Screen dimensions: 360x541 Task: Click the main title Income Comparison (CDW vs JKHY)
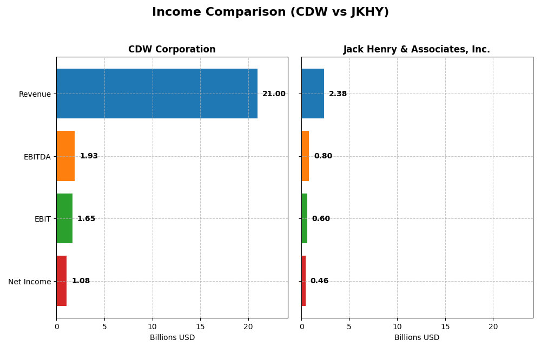pos(270,12)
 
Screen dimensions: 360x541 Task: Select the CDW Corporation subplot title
pos(171,49)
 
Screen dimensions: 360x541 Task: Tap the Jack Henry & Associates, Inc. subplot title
pos(417,49)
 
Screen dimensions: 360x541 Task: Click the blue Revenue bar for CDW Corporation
pos(157,94)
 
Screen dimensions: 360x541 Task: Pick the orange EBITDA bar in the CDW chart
pos(65,156)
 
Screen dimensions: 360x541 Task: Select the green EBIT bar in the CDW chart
pos(64,218)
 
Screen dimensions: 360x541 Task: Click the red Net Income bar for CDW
pos(62,281)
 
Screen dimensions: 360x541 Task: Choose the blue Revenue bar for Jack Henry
pos(313,94)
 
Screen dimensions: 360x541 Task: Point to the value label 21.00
pos(274,94)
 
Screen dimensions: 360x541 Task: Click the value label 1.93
pos(89,156)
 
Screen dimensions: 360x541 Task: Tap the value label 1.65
pos(86,219)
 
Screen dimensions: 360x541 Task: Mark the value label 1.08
pos(81,281)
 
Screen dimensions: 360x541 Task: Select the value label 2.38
pos(338,94)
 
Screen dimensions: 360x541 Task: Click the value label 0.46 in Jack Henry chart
pos(319,281)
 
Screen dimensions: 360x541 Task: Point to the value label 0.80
pos(323,156)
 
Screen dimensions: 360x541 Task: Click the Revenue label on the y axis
pos(35,94)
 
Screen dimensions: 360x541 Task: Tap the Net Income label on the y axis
pos(30,282)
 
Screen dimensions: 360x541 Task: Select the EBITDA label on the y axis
pos(37,157)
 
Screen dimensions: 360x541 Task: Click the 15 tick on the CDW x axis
pos(200,327)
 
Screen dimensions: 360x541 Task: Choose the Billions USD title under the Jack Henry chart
pos(417,338)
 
